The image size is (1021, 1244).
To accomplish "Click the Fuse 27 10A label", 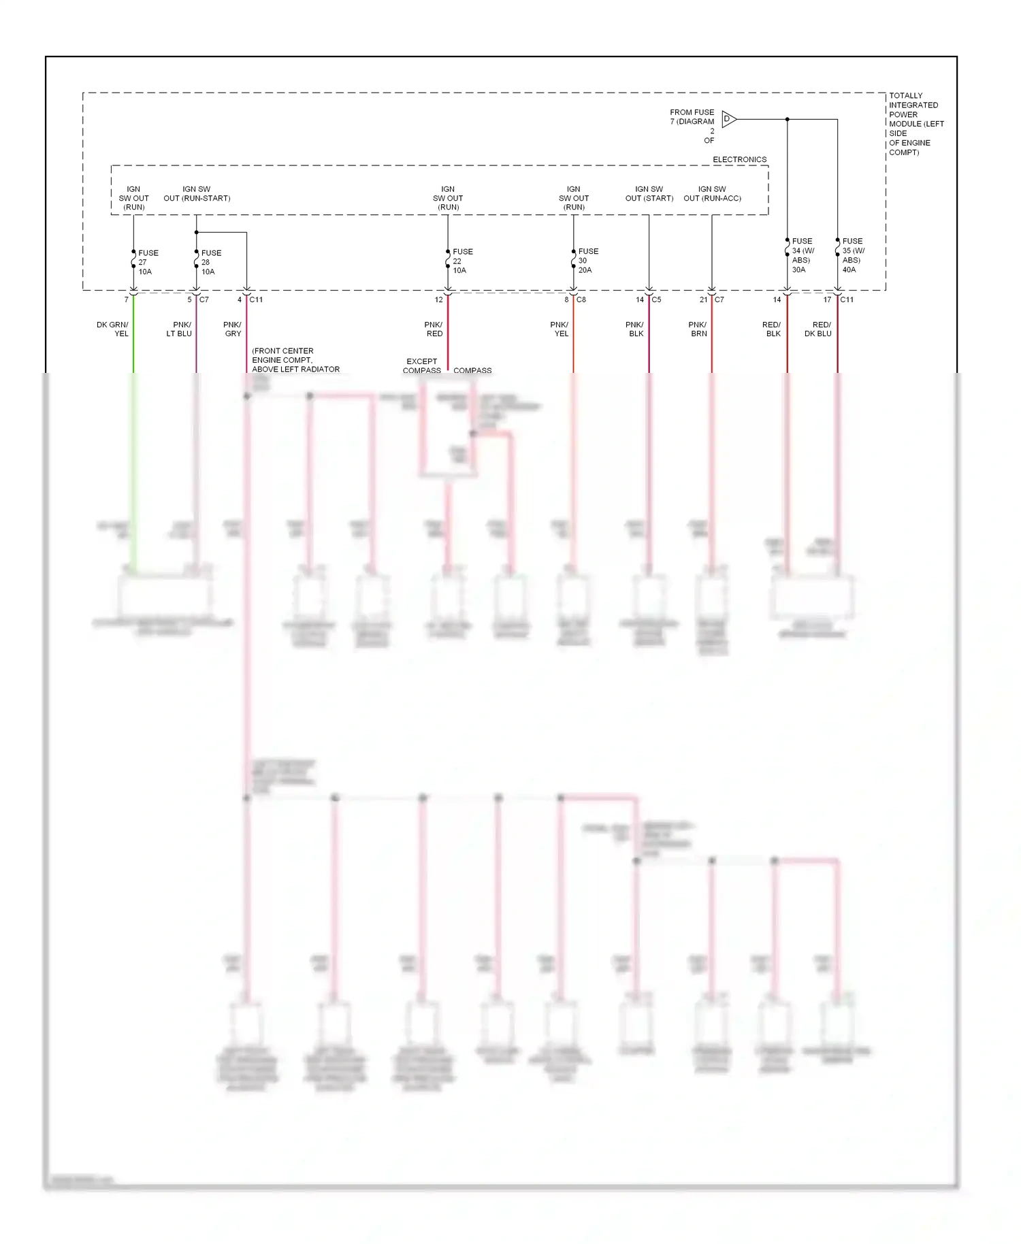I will [x=148, y=262].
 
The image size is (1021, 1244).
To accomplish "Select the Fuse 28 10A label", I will [x=211, y=262].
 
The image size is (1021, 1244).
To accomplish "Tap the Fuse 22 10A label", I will [x=462, y=261].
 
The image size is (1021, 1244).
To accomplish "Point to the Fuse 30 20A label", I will [x=588, y=261].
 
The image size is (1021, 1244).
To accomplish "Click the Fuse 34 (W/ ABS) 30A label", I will [x=803, y=255].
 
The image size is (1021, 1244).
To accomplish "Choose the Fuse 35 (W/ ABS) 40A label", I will [x=852, y=255].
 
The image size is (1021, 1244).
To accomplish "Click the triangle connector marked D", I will [x=728, y=119].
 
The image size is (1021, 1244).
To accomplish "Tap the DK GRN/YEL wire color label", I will [x=112, y=329].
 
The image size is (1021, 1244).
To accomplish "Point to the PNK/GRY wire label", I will [x=232, y=329].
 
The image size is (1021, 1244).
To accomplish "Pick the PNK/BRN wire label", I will [x=698, y=329].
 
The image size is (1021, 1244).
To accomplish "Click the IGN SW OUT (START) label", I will [x=649, y=194].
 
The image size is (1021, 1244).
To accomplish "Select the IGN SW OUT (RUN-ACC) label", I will [x=712, y=194].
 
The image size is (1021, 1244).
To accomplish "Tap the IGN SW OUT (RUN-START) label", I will [x=197, y=194].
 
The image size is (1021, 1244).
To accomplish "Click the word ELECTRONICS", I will [x=739, y=159].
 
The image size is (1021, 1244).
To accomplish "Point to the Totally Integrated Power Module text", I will [x=915, y=124].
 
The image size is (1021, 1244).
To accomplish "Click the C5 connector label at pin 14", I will [x=656, y=299].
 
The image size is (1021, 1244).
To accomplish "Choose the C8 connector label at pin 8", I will [x=581, y=299].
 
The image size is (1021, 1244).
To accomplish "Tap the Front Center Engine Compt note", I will [x=295, y=360].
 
